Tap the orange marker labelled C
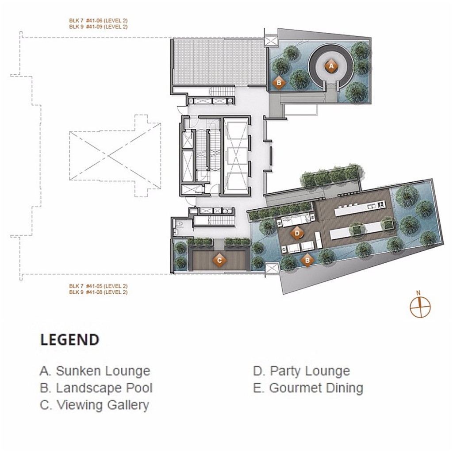tap(219, 260)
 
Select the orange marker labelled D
tap(297, 232)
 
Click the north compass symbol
tap(420, 307)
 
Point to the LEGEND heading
tap(69, 340)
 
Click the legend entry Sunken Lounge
tap(95, 371)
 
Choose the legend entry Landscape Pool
tap(96, 388)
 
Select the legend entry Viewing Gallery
tap(94, 405)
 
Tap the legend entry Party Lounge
tap(301, 371)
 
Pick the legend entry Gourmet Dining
tap(308, 388)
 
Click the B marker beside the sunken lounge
tap(279, 82)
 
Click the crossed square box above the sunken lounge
tap(270, 41)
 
